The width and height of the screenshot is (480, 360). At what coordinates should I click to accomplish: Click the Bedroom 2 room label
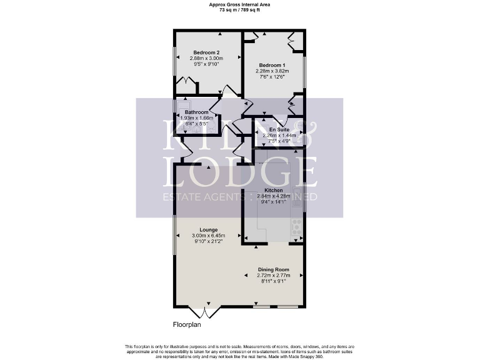(206, 52)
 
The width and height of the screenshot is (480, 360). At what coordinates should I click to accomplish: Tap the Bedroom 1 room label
(272, 65)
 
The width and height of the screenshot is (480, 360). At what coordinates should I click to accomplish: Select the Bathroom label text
(196, 112)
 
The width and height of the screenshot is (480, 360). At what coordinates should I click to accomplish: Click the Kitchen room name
(274, 190)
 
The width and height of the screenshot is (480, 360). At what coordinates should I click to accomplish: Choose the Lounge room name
(208, 229)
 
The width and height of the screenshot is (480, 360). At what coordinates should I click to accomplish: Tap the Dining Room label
(273, 269)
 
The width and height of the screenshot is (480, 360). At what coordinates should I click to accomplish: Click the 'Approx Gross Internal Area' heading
(239, 4)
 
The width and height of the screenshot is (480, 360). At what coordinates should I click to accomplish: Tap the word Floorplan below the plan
(187, 325)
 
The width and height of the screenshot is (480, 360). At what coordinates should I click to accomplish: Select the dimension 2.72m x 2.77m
(273, 276)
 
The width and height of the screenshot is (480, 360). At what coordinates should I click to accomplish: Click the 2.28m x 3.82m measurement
(272, 71)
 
